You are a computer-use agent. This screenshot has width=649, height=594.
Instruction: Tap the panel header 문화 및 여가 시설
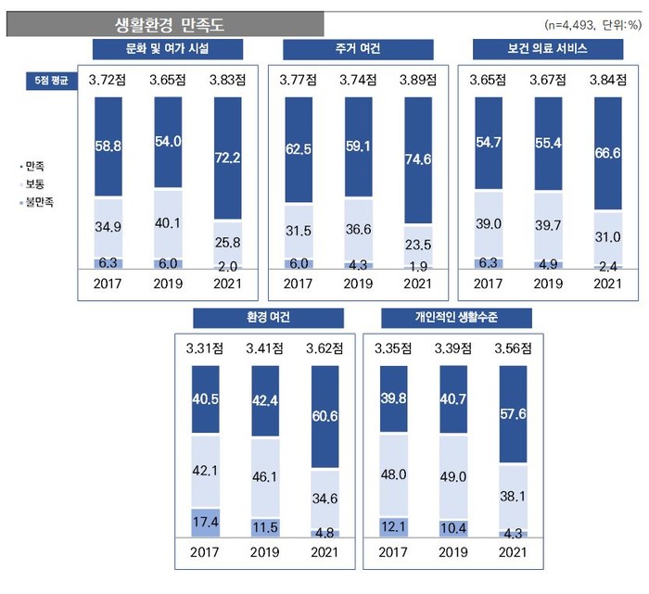click(x=170, y=49)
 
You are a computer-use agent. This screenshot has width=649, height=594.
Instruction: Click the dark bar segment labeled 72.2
click(x=229, y=158)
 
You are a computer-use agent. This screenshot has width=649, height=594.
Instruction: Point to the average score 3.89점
click(x=418, y=80)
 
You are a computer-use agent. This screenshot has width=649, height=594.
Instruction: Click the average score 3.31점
click(x=206, y=348)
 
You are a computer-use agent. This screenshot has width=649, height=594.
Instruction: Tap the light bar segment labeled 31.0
click(x=607, y=236)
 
